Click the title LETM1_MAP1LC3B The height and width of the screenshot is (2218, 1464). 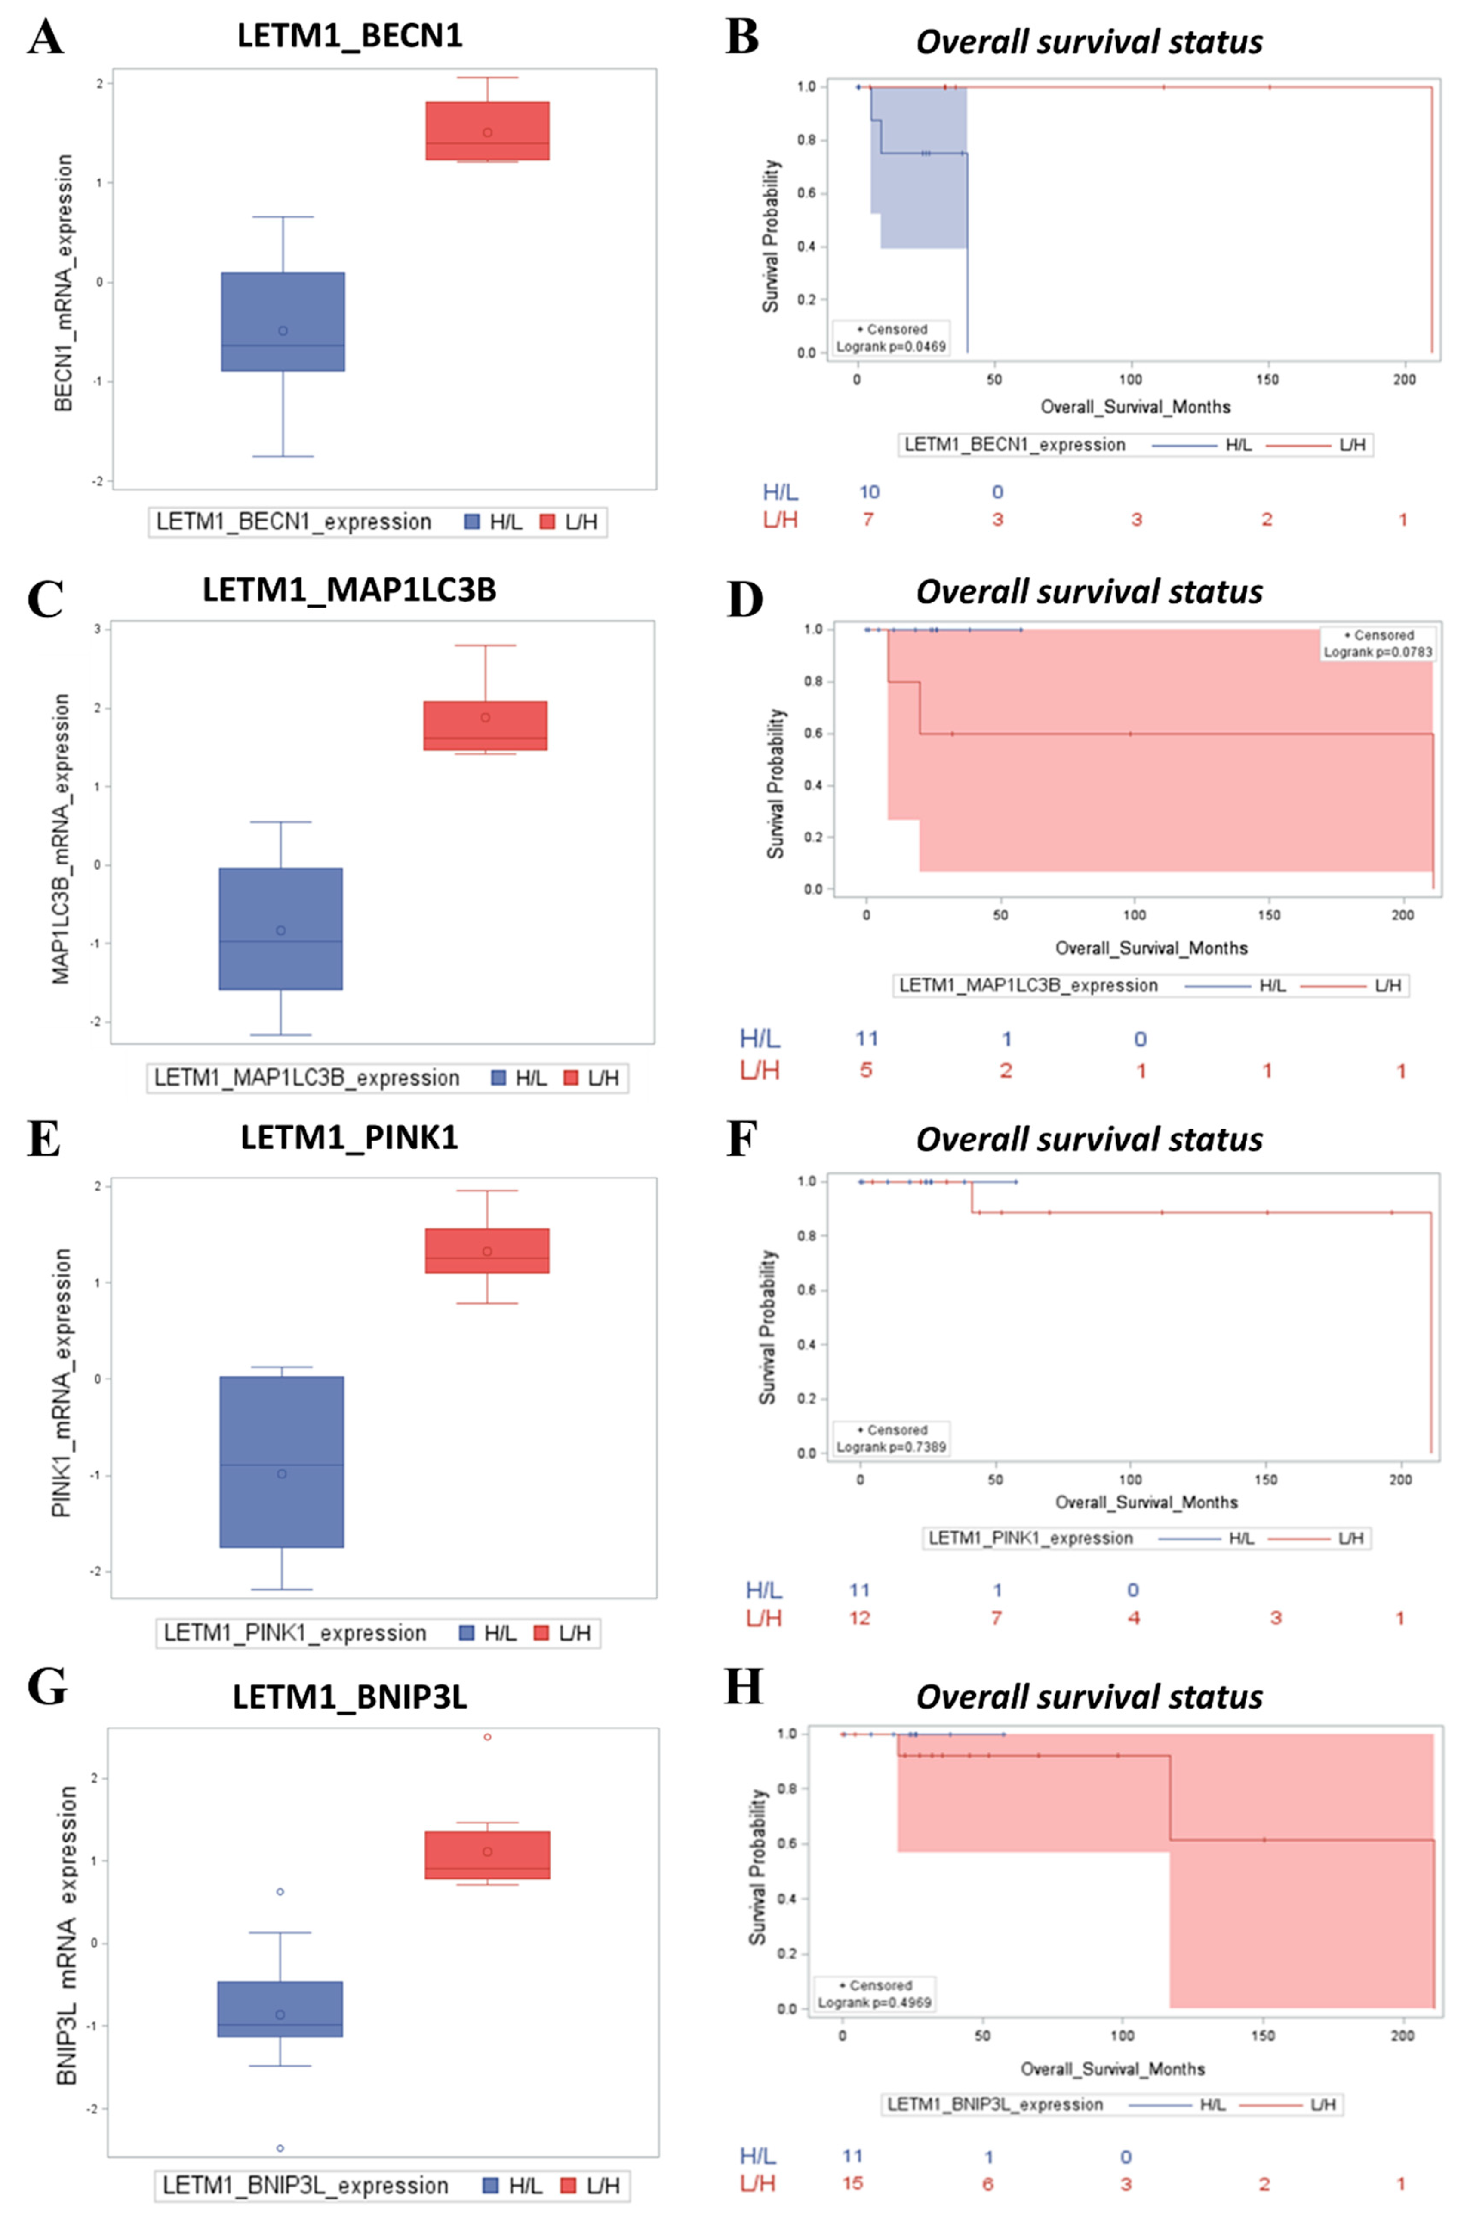pyautogui.click(x=349, y=590)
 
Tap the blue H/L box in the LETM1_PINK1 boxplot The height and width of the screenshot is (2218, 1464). pyautogui.click(x=281, y=1462)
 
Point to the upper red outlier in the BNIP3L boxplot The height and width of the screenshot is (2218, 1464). pyautogui.click(x=487, y=1737)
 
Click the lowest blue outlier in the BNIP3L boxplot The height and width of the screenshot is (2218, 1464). pyautogui.click(x=280, y=2148)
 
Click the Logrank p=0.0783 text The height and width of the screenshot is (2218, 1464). pyautogui.click(x=1377, y=652)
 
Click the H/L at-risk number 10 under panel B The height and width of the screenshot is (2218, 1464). pyautogui.click(x=868, y=492)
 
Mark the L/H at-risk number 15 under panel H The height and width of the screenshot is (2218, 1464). pyautogui.click(x=852, y=2184)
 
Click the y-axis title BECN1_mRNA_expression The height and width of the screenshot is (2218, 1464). pyautogui.click(x=64, y=282)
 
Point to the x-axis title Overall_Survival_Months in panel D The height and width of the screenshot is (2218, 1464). pyautogui.click(x=1150, y=948)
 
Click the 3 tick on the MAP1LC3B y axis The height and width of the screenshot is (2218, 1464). pyautogui.click(x=97, y=629)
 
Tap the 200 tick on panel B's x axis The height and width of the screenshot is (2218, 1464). pyautogui.click(x=1403, y=379)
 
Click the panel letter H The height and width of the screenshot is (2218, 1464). pyautogui.click(x=743, y=1687)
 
